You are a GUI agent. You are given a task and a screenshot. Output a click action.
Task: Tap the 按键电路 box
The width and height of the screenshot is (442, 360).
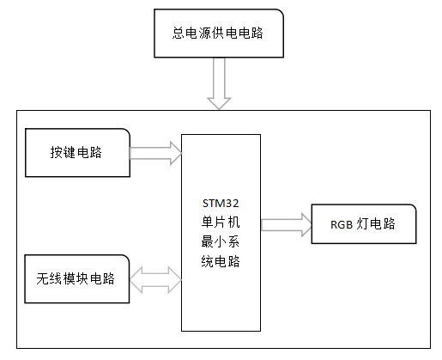(77, 153)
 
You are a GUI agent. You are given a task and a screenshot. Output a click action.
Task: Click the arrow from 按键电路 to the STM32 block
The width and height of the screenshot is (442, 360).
(154, 154)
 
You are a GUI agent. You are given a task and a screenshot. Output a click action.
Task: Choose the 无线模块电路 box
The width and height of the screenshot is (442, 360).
(77, 278)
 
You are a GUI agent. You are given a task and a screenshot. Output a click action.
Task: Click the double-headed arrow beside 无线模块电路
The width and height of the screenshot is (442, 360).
(154, 278)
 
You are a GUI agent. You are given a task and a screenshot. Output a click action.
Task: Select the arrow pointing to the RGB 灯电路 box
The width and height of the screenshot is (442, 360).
(286, 224)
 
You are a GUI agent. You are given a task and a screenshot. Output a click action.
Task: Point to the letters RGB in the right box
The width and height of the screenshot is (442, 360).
(342, 225)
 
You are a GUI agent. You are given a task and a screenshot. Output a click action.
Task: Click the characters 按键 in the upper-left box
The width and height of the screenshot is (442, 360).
(64, 153)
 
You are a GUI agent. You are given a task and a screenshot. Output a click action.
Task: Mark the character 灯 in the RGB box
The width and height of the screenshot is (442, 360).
(364, 225)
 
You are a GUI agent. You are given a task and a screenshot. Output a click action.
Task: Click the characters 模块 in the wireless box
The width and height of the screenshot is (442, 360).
(77, 278)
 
